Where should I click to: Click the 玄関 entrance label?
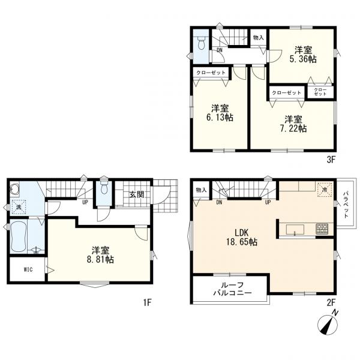137,194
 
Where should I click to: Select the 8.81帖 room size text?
100,259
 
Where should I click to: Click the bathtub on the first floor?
19,236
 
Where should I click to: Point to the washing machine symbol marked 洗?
19,206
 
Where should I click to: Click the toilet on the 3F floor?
202,43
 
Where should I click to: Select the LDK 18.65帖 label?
242,238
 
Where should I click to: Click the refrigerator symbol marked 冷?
325,190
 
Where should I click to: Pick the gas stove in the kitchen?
322,229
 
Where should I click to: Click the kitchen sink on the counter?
295,229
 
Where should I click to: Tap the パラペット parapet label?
346,205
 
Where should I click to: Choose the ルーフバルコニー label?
233,289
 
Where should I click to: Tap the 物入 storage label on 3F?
258,38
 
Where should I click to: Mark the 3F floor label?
331,160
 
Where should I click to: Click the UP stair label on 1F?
85,203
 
